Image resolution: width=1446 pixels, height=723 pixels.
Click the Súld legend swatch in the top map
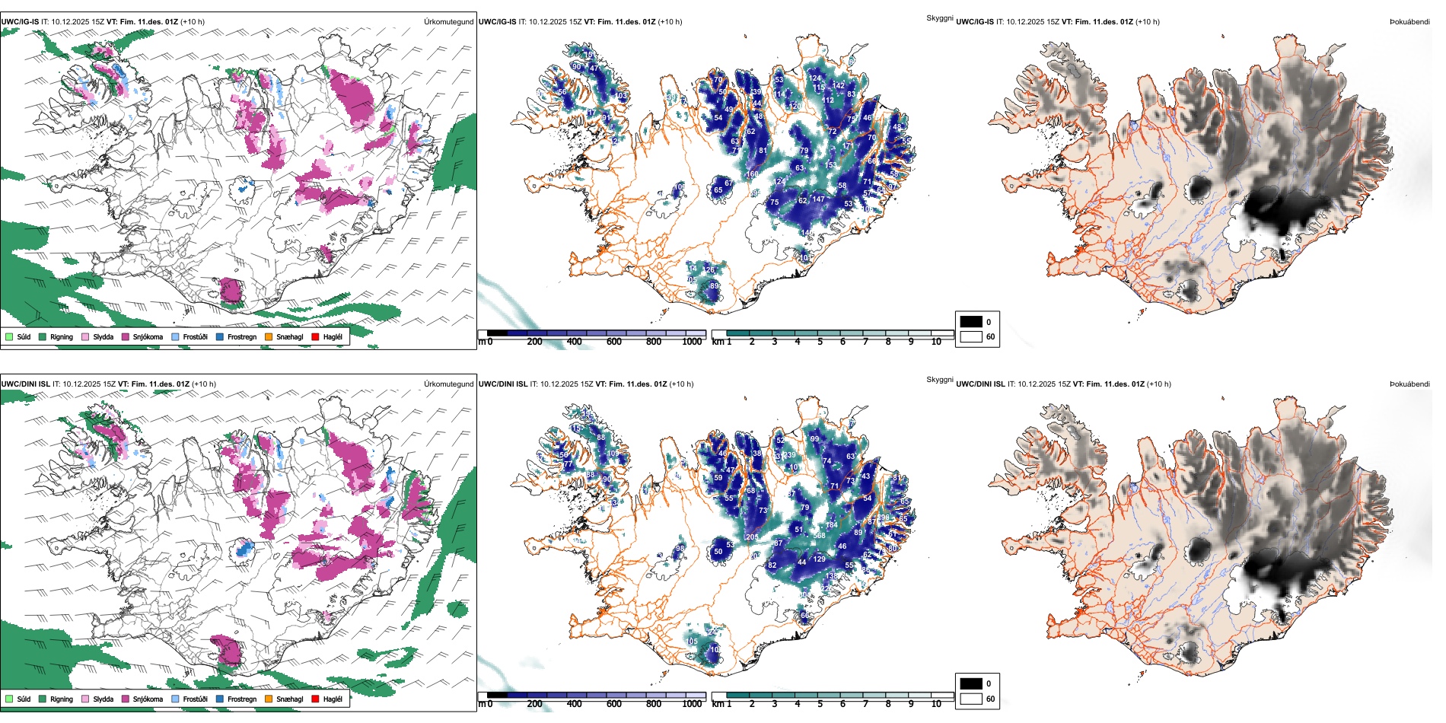coord(9,336)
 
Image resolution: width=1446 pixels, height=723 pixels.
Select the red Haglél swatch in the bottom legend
coord(315,699)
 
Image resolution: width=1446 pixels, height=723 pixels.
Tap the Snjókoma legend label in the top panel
coord(148,336)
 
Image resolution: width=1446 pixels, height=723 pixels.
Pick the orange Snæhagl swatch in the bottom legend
coord(269,699)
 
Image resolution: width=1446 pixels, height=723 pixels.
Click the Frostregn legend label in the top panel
coord(242,336)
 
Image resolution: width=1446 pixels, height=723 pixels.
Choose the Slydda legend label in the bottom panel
coord(103,699)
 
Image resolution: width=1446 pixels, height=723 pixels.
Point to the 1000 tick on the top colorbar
coord(692,342)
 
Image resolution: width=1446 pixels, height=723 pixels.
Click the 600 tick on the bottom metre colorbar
coord(614,704)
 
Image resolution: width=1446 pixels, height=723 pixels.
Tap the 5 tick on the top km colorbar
coord(820,342)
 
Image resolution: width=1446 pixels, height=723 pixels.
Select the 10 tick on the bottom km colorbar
coord(936,704)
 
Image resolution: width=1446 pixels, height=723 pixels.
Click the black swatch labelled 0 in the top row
coord(971,322)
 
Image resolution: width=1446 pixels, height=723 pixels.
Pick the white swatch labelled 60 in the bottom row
coord(971,699)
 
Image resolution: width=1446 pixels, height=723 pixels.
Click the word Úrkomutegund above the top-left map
coord(448,21)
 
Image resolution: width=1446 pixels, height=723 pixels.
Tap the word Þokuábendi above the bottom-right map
coord(1409,384)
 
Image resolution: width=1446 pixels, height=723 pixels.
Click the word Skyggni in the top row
coord(939,18)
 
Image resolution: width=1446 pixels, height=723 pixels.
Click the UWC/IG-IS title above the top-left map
coord(20,21)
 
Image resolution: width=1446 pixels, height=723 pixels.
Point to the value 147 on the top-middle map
coord(818,199)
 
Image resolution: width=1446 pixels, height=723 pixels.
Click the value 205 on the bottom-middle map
coord(752,537)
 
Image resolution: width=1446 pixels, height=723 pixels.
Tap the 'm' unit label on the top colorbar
coord(481,342)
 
